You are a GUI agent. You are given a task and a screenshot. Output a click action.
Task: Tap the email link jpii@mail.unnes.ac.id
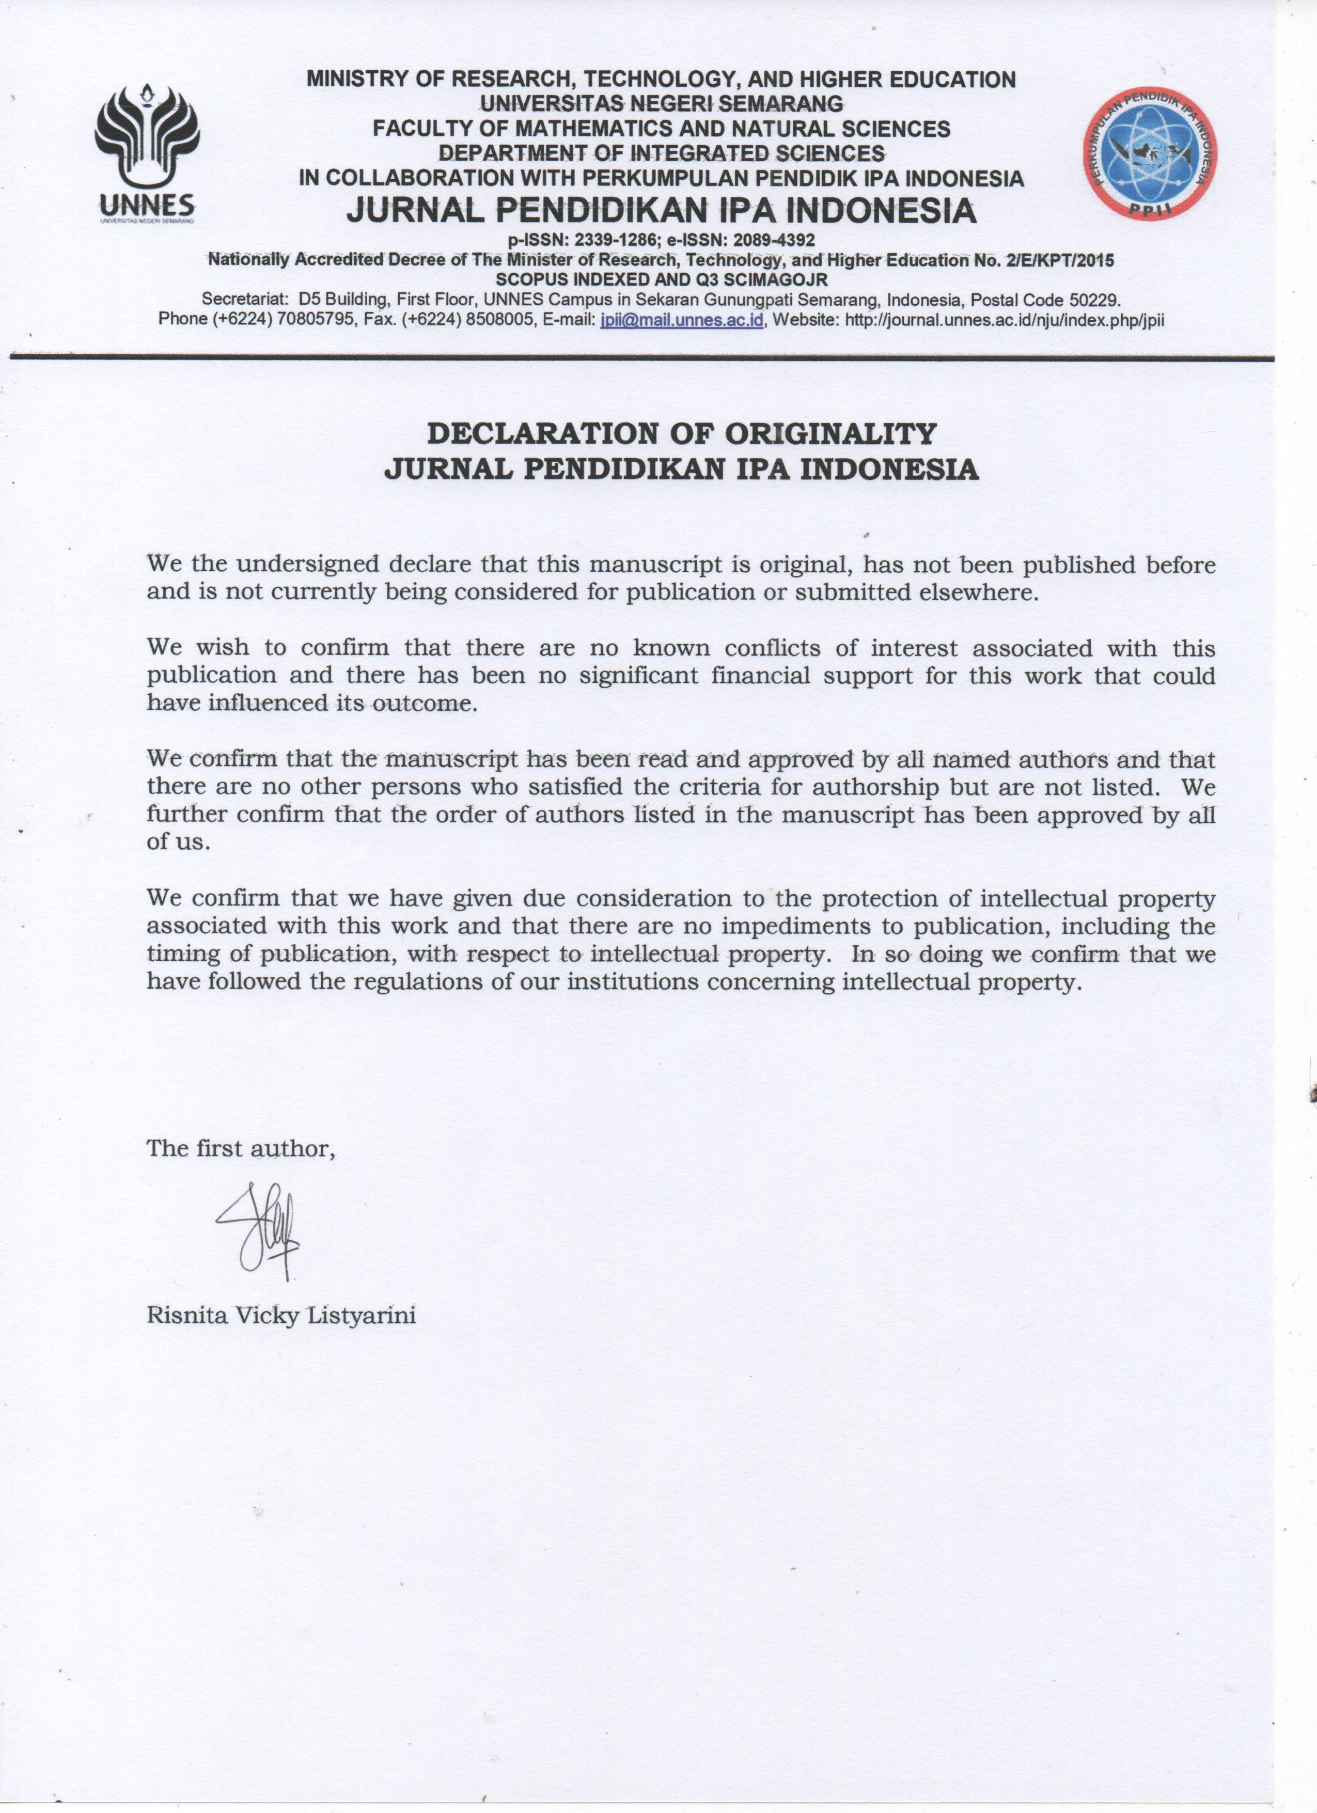(x=682, y=320)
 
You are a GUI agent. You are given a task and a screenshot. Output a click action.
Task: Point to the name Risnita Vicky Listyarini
(x=281, y=1316)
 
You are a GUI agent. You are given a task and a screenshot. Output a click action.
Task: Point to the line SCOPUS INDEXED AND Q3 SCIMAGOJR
(x=662, y=280)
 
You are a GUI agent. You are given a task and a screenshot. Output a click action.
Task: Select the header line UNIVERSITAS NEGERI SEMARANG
(x=661, y=104)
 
